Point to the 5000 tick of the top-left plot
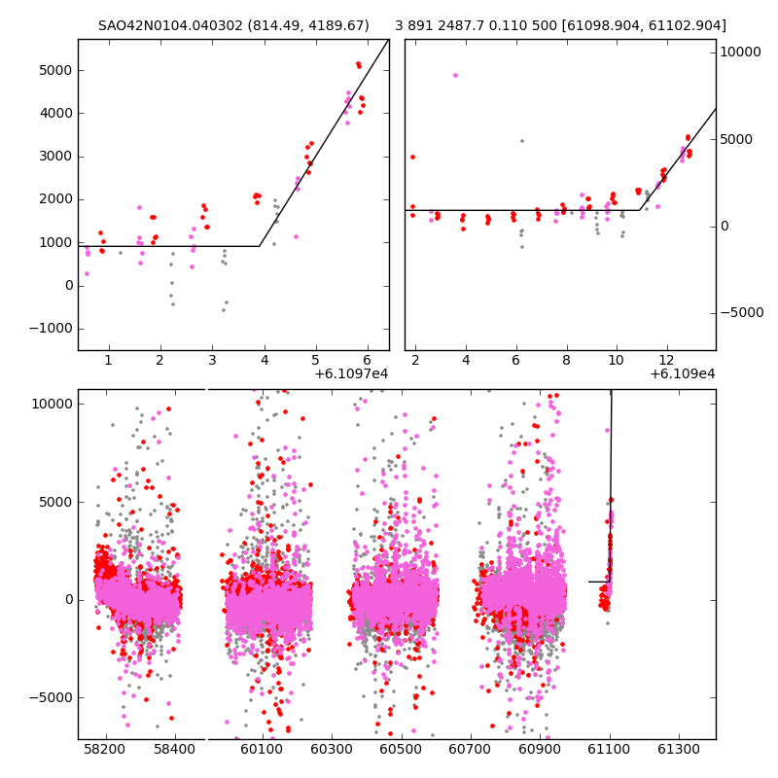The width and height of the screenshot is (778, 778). (55, 70)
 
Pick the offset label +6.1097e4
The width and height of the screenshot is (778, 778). (351, 373)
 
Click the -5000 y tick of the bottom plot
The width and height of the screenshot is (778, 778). (49, 697)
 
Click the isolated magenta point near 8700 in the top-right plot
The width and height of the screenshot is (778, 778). (455, 75)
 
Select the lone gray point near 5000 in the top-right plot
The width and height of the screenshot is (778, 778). (522, 141)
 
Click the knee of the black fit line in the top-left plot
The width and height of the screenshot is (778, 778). (260, 246)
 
